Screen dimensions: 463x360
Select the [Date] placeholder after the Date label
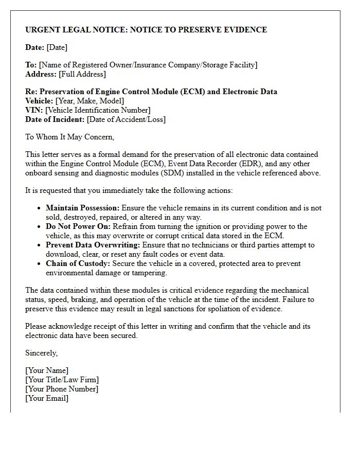[57, 47]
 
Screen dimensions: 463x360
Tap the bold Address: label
[41, 74]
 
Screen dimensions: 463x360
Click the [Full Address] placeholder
[82, 74]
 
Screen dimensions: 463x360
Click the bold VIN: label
[34, 110]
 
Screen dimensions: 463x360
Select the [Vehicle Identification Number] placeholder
[98, 110]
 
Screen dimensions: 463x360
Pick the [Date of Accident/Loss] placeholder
[126, 119]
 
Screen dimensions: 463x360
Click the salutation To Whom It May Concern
[69, 137]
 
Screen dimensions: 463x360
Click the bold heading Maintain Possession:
[82, 208]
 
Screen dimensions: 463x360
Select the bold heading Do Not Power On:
[78, 226]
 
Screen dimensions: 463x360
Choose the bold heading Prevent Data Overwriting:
[93, 245]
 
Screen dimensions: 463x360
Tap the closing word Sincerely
[41, 353]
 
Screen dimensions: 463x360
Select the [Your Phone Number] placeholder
[62, 389]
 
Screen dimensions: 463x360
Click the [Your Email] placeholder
[47, 398]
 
